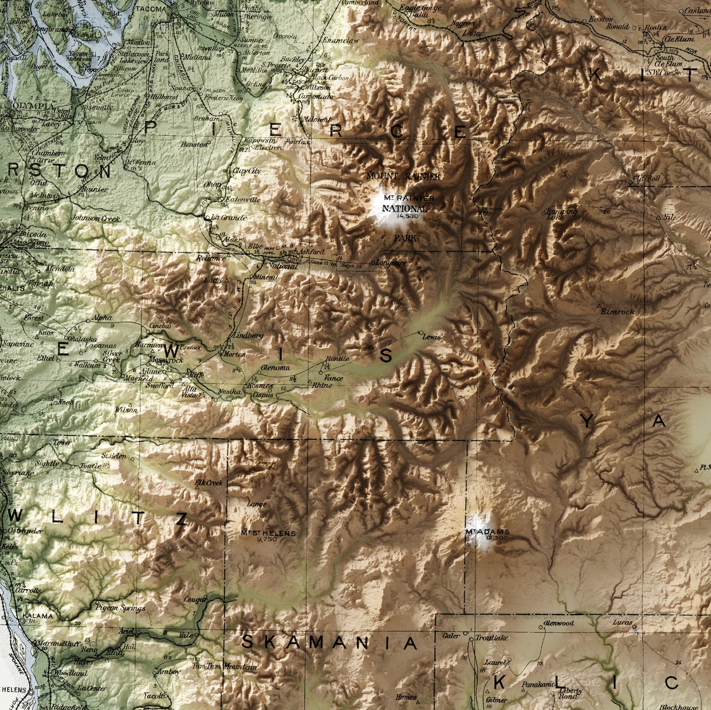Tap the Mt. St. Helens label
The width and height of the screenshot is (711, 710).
pyautogui.click(x=269, y=533)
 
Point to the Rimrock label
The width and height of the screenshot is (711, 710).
pyautogui.click(x=621, y=312)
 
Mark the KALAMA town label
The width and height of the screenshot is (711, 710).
pyautogui.click(x=40, y=616)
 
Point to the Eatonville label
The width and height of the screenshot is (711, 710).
pyautogui.click(x=243, y=199)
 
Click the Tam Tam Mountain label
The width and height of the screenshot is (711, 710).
pyautogui.click(x=225, y=667)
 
